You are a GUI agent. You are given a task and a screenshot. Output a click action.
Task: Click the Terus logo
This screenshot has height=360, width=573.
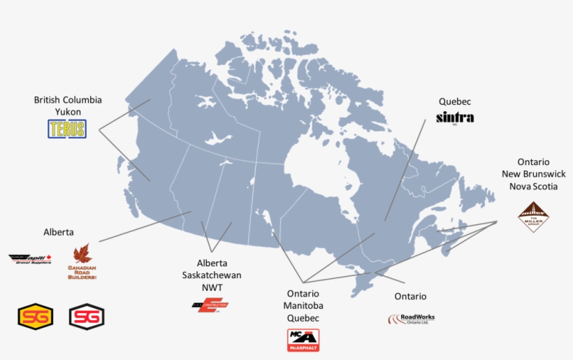point(67,129)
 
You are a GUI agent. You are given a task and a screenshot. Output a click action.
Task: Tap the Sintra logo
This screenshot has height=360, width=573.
point(455,117)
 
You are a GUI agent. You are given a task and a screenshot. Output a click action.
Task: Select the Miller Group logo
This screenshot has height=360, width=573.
point(533,217)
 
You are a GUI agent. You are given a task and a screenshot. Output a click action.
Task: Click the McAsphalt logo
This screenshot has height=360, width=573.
point(303,340)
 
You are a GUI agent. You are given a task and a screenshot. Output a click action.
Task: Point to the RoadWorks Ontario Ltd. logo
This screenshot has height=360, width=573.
point(412,319)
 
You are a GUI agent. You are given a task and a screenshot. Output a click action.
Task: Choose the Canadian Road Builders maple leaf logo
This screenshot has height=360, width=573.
point(82,262)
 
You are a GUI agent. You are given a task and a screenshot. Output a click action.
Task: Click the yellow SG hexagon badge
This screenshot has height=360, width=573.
point(35,317)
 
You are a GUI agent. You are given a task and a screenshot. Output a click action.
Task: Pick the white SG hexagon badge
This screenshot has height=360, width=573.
point(87,317)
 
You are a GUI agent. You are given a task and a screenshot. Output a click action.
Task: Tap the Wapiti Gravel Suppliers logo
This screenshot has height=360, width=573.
point(31,259)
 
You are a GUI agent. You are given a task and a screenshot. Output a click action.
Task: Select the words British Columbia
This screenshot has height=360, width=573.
point(68,100)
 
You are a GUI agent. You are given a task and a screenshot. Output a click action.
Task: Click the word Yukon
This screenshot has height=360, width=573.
point(68,112)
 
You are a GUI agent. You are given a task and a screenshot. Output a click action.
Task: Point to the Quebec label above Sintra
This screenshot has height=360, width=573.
point(455,101)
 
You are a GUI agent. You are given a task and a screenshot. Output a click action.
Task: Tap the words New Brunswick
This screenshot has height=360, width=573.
point(533,174)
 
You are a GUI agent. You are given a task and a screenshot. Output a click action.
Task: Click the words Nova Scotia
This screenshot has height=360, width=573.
point(533,187)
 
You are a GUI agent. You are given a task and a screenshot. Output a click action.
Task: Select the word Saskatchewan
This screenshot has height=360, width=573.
point(209,275)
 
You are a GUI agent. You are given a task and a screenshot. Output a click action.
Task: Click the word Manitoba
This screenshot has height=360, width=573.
point(303,305)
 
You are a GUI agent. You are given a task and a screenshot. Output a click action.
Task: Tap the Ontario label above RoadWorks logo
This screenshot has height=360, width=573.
point(410,296)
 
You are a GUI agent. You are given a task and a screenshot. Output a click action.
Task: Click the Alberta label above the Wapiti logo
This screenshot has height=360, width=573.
point(58,232)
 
